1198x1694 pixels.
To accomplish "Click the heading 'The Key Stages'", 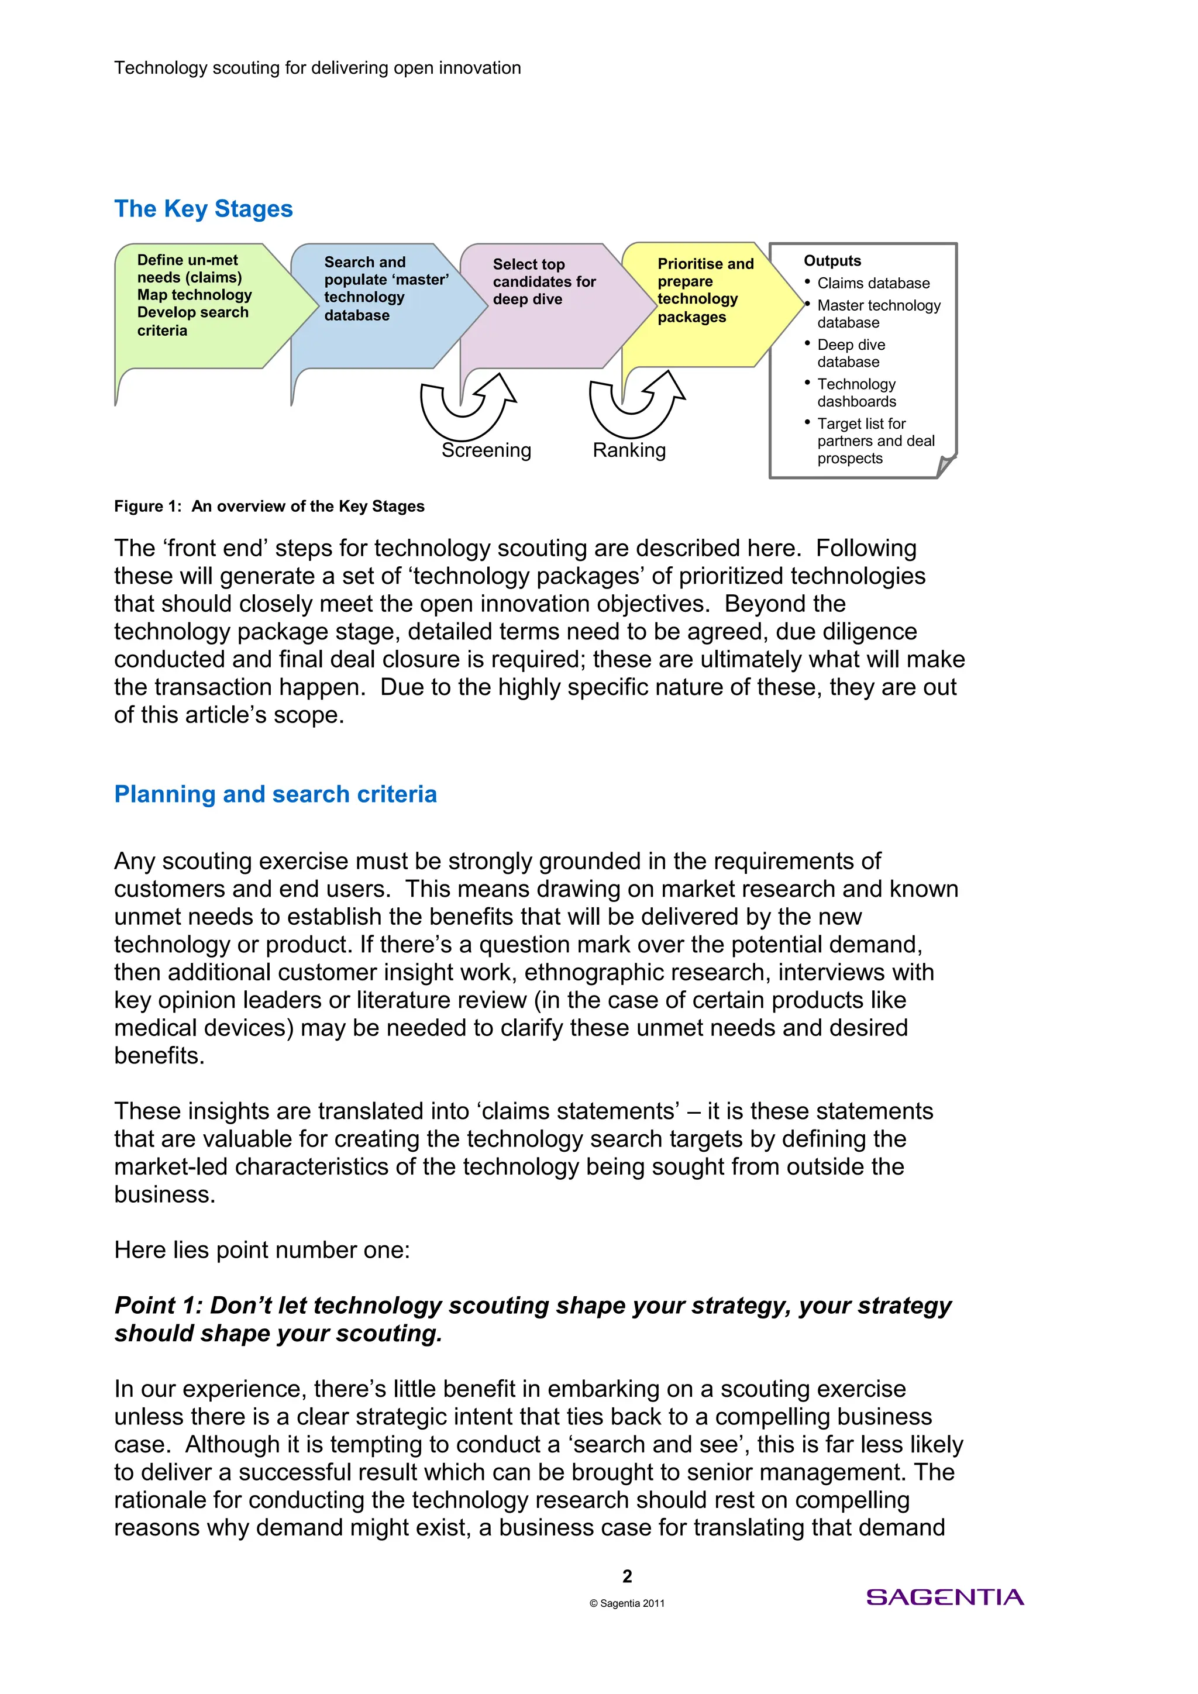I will click(204, 209).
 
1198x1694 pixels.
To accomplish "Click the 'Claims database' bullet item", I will click(873, 283).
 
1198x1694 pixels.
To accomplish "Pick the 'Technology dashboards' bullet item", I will click(856, 392).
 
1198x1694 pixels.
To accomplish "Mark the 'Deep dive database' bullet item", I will click(851, 353).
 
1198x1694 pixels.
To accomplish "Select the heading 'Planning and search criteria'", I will click(275, 794).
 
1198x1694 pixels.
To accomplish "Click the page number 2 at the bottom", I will click(627, 1576).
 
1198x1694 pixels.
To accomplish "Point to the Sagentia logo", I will click(944, 1598).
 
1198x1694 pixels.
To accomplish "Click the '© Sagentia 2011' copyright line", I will click(627, 1603).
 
